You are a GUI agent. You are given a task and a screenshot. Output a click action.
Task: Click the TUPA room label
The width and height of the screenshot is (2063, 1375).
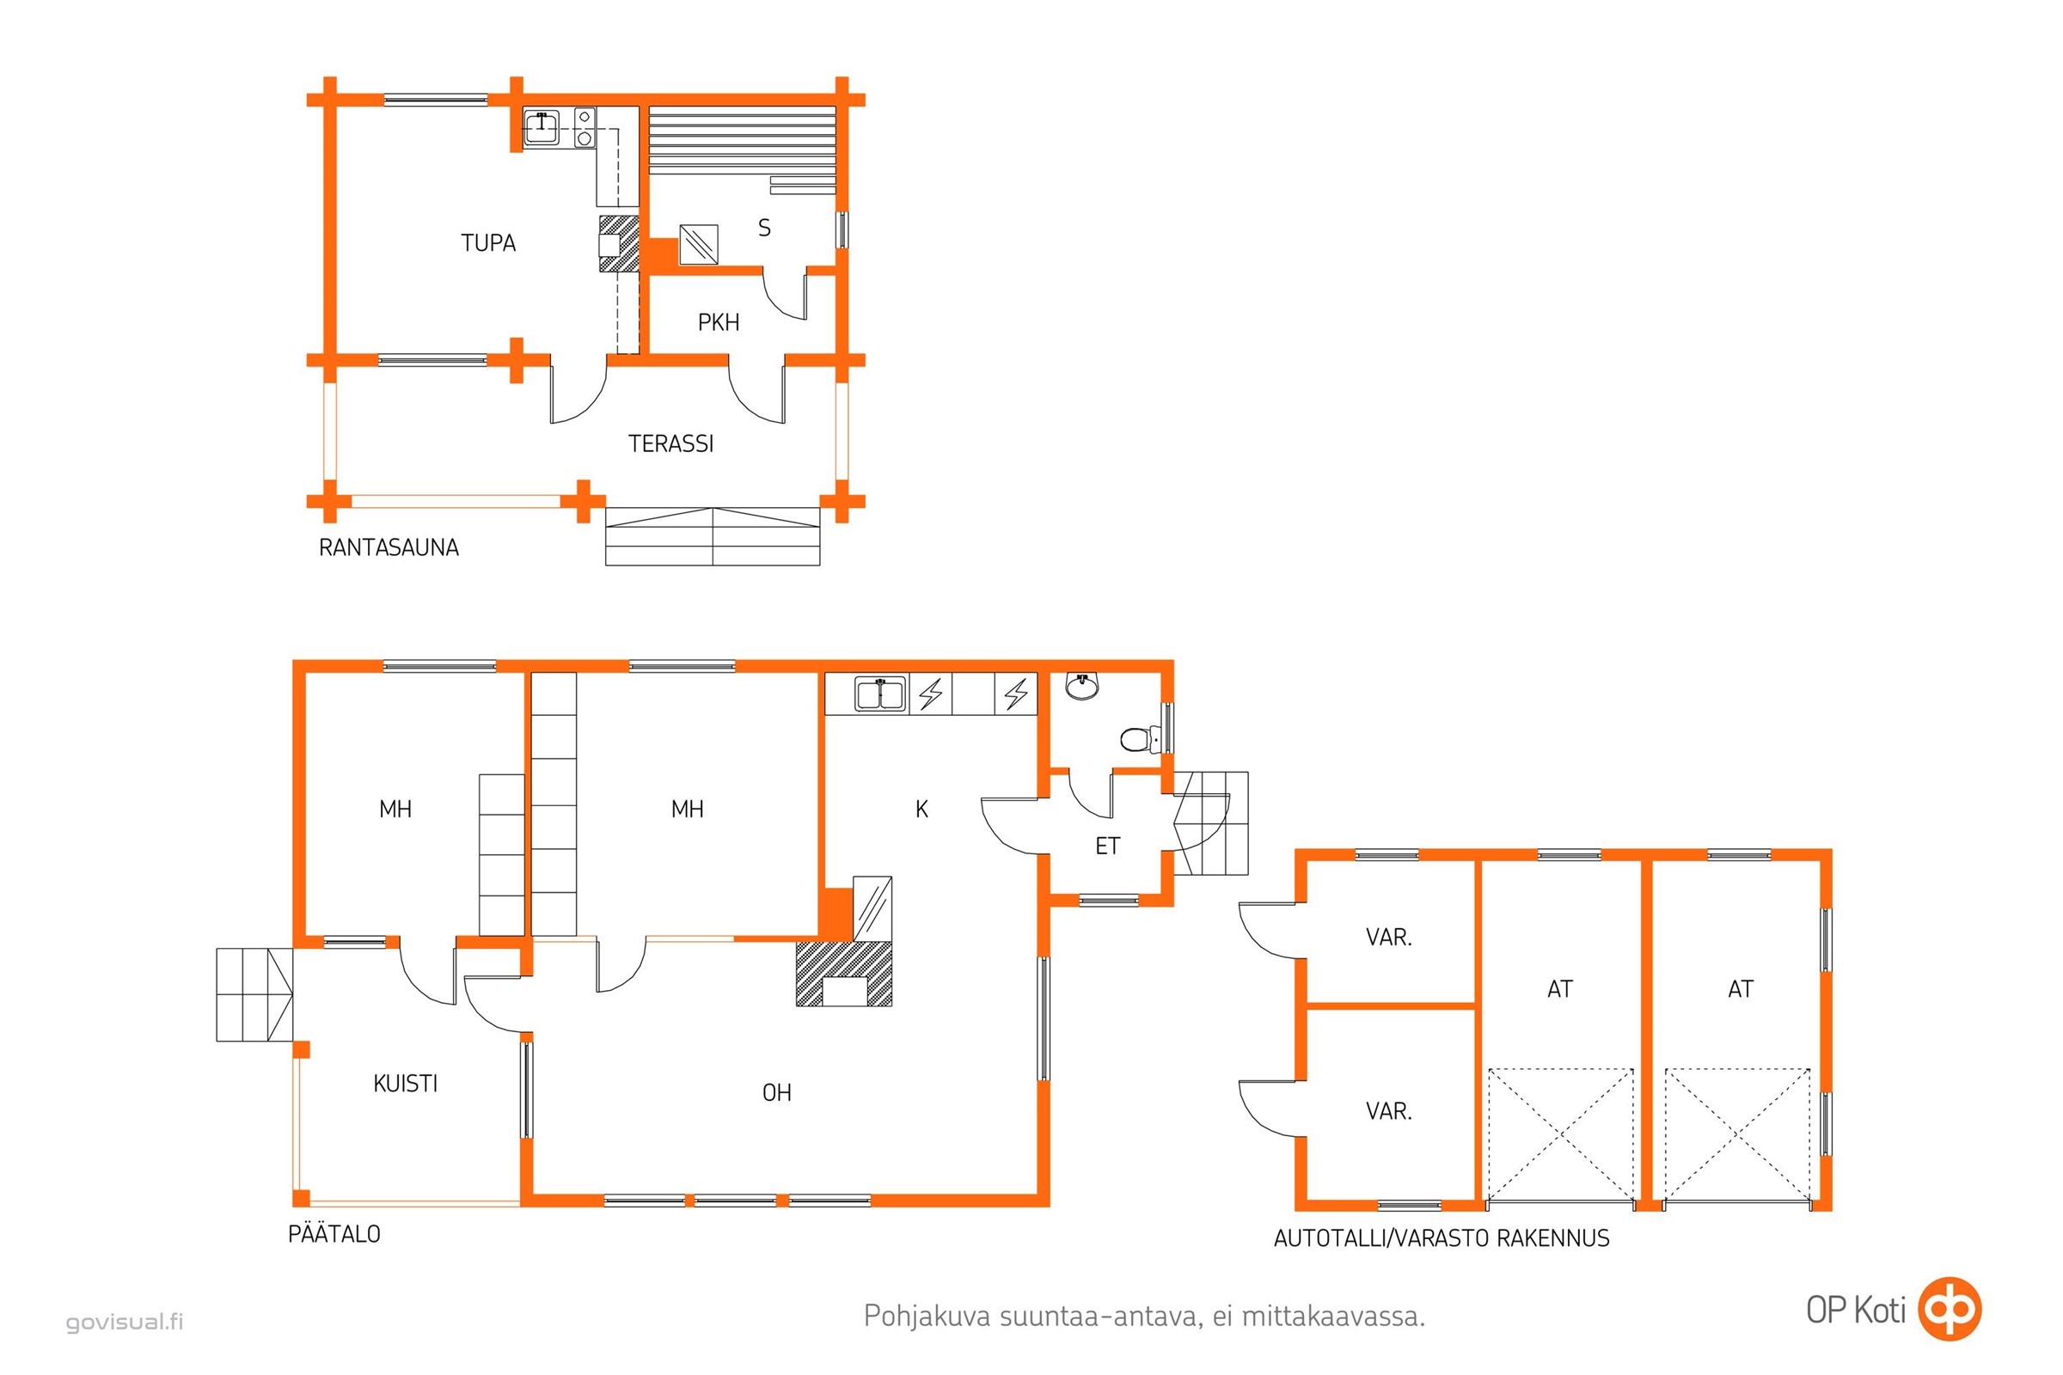click(x=488, y=243)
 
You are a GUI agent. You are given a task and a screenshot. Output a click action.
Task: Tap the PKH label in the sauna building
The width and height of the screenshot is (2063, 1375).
click(x=719, y=323)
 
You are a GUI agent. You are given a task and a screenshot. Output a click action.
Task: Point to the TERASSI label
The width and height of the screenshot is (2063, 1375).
click(x=671, y=443)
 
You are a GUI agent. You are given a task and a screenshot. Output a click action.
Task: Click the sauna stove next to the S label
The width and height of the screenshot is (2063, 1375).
click(x=699, y=245)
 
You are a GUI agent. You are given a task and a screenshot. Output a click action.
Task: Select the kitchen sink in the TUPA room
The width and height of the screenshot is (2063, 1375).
click(x=542, y=128)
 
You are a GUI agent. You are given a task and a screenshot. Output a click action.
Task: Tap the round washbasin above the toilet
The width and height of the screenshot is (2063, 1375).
click(x=1082, y=686)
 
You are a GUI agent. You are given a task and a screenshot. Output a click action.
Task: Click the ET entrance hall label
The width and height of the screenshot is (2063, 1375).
click(x=1107, y=846)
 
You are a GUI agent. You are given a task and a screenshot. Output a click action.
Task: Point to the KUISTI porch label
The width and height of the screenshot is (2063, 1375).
click(x=405, y=1084)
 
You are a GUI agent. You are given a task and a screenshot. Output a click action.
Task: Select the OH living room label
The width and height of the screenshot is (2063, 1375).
click(x=776, y=1092)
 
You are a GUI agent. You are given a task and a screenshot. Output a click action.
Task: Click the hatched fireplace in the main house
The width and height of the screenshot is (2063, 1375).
click(x=844, y=974)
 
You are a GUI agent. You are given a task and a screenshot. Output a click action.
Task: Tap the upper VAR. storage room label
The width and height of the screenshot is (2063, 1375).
click(x=1388, y=938)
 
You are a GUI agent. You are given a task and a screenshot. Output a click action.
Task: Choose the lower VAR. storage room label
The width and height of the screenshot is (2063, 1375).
click(x=1388, y=1111)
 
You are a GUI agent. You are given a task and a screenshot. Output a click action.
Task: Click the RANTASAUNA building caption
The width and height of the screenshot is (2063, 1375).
click(x=389, y=548)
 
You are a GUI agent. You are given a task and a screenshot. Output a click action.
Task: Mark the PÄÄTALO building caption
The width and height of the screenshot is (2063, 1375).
click(x=334, y=1234)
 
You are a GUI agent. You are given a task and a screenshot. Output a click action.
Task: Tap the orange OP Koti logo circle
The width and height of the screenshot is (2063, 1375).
click(x=1949, y=1309)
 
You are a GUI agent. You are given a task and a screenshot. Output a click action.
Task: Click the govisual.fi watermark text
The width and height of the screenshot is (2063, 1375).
click(x=125, y=1322)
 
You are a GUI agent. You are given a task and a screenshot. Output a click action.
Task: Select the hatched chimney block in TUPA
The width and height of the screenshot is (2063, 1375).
click(x=619, y=244)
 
